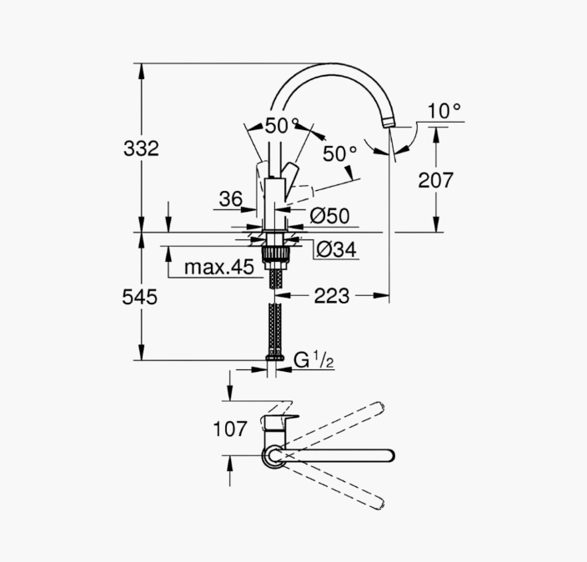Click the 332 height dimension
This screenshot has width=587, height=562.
(141, 148)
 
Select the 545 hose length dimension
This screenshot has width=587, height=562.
(139, 297)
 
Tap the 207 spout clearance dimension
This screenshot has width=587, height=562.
(435, 180)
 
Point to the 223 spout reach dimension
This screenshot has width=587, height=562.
(331, 296)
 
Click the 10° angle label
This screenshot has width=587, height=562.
(444, 111)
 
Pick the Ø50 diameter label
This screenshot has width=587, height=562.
(330, 216)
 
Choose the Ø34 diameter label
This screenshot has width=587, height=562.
(336, 249)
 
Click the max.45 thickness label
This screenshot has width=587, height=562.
(219, 267)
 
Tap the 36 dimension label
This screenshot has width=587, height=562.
(231, 198)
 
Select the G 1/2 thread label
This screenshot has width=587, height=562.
(314, 360)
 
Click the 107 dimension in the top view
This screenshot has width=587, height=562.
(230, 429)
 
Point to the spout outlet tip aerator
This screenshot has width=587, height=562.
(389, 123)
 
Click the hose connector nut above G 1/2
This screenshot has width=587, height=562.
(275, 358)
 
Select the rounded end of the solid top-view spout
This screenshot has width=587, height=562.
(389, 455)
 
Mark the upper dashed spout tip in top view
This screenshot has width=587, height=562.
(380, 407)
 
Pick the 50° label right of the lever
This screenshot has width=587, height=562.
(340, 153)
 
